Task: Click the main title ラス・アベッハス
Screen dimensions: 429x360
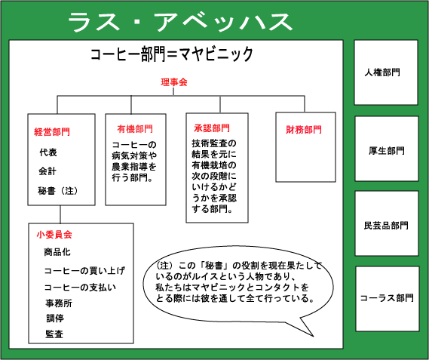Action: [x=180, y=22]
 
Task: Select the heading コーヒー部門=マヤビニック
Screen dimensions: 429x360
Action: [x=172, y=54]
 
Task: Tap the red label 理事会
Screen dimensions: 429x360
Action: [x=174, y=82]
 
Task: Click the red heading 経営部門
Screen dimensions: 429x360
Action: [x=52, y=132]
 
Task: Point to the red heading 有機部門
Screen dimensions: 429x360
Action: [x=135, y=129]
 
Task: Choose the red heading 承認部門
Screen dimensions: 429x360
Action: [x=212, y=128]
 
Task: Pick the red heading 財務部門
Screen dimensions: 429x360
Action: [x=304, y=130]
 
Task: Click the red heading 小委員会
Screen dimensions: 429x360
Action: [x=54, y=235]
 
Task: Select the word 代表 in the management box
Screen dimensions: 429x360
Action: [x=48, y=152]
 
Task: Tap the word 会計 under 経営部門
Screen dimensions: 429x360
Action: [x=47, y=171]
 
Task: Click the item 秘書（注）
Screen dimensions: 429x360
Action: [x=58, y=191]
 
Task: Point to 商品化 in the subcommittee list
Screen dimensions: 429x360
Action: [x=57, y=252]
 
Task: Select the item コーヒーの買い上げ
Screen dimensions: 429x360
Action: [x=84, y=271]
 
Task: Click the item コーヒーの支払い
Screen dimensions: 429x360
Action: [x=80, y=287]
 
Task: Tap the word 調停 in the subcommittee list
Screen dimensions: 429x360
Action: [x=55, y=318]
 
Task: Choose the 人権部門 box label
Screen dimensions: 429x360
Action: [x=382, y=72]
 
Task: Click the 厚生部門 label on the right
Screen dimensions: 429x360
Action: [x=387, y=151]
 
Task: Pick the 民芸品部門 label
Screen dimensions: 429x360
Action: [x=386, y=226]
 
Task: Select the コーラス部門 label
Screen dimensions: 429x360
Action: [x=387, y=298]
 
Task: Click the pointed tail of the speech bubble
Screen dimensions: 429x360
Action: [x=313, y=336]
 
